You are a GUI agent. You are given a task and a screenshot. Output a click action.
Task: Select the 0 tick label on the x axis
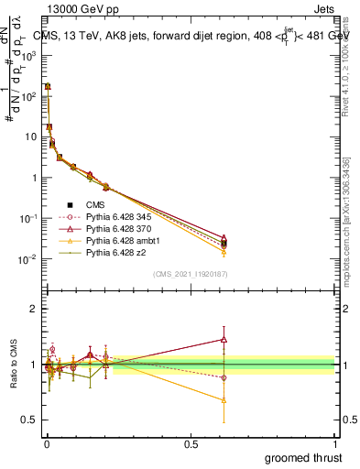point(46,443)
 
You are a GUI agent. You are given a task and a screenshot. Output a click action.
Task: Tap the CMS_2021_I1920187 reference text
point(191,274)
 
